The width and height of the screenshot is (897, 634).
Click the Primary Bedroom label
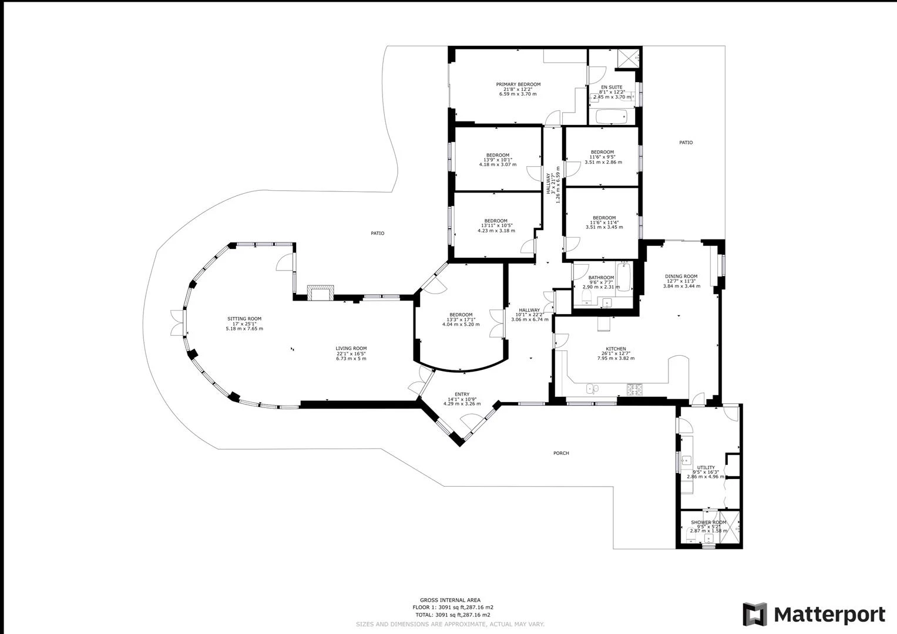(x=518, y=85)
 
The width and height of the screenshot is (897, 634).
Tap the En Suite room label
(x=612, y=87)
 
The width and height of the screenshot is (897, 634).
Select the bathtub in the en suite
(x=611, y=117)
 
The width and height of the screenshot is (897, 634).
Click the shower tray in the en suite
(x=628, y=59)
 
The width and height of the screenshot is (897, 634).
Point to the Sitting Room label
(x=244, y=319)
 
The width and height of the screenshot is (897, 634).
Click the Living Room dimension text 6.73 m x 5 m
(x=351, y=359)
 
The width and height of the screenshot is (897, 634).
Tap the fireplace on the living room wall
(x=320, y=292)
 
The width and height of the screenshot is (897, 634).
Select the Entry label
(x=462, y=394)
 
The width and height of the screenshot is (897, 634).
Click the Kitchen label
(x=616, y=349)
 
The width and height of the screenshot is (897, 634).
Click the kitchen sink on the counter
(x=592, y=388)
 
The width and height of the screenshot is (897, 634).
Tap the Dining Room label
(x=681, y=276)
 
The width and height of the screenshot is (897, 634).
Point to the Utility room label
(x=706, y=467)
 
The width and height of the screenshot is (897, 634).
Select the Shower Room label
(x=708, y=522)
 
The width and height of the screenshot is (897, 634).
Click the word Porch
(x=561, y=453)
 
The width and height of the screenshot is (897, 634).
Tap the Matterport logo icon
(x=755, y=615)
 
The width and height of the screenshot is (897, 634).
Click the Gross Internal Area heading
(x=450, y=600)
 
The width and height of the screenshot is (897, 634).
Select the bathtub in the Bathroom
(x=623, y=276)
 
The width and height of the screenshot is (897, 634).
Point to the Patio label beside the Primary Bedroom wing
(x=686, y=143)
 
